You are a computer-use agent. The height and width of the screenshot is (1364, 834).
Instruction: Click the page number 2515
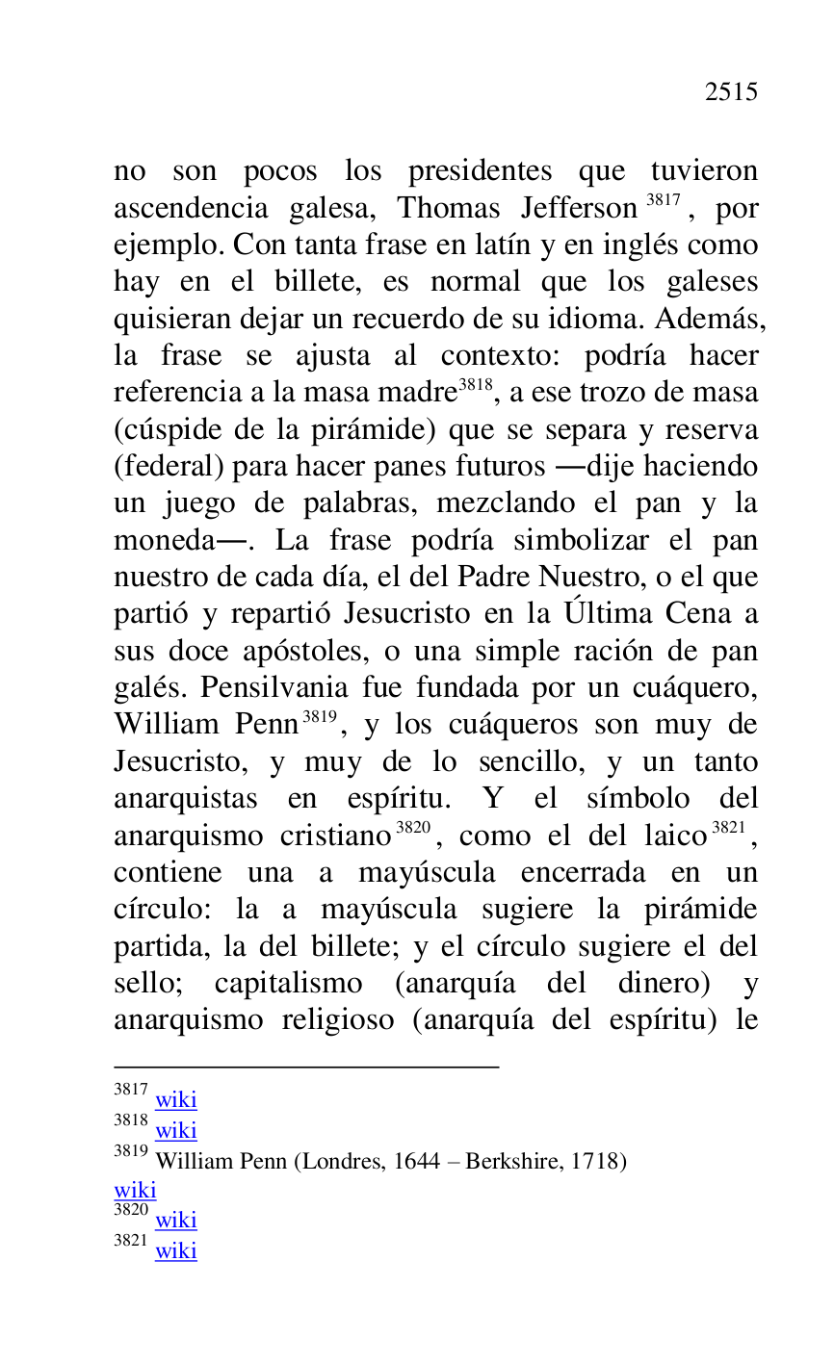point(731,92)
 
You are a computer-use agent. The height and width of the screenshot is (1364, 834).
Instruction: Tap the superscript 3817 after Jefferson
point(663,201)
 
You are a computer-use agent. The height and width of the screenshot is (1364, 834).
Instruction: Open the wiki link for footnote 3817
point(175,1099)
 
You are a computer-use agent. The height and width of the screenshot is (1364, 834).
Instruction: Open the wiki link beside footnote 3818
point(175,1130)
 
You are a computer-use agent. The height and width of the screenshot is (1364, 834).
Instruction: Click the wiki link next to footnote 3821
point(175,1250)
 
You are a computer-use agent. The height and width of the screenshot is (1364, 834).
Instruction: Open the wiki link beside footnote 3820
point(175,1220)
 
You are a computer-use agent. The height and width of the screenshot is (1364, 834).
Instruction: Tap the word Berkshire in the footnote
point(511,1161)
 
